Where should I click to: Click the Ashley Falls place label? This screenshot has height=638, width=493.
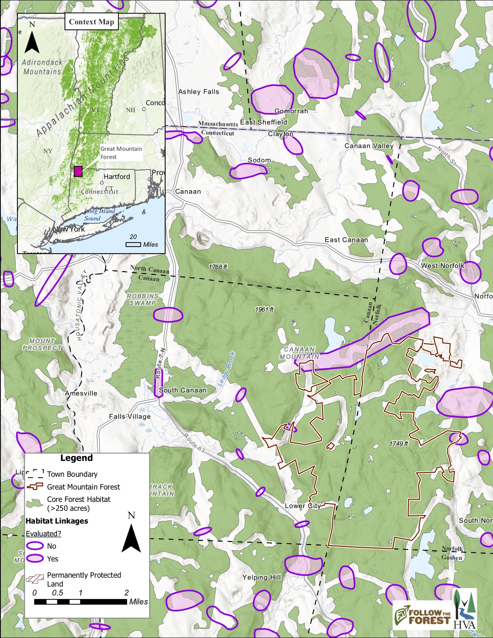198,92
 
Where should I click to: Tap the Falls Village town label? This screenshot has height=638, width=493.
130,416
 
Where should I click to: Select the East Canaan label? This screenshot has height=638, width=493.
346,240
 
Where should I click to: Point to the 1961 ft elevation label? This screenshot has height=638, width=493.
264,309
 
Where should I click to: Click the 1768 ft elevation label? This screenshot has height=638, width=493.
218,267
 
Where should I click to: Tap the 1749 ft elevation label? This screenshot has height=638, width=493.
398,444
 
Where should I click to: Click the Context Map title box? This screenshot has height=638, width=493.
91,22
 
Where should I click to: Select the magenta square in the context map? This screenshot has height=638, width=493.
78,171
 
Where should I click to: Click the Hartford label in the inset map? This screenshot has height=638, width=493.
116,177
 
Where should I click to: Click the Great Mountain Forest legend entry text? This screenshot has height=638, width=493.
84,487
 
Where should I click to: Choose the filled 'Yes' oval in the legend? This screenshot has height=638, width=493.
35,558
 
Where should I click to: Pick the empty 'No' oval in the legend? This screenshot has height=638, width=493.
35,546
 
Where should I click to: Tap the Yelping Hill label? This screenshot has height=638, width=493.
261,577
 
